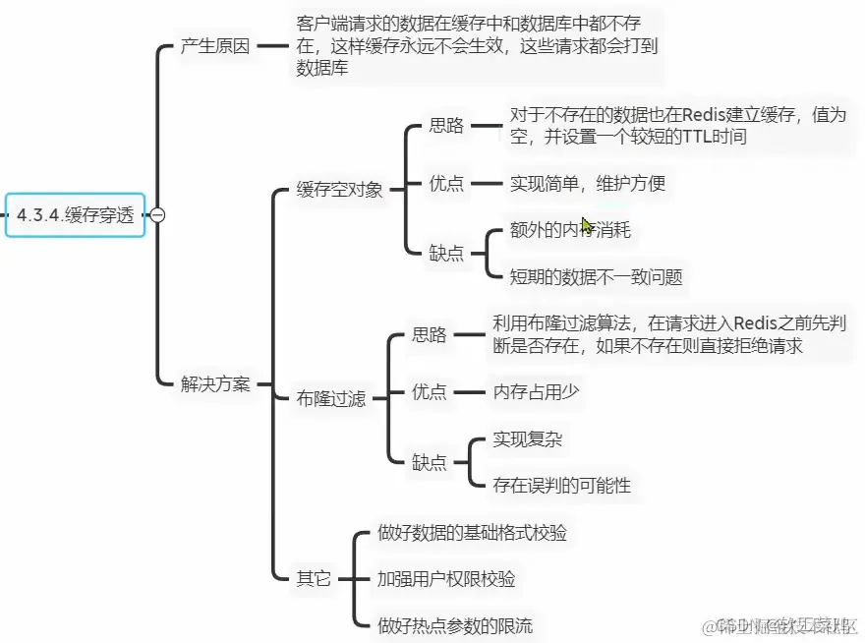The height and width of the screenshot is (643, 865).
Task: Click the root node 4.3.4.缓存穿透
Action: [x=75, y=214]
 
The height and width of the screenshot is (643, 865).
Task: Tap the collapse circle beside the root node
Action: [x=157, y=215]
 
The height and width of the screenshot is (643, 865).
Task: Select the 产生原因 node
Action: [x=215, y=46]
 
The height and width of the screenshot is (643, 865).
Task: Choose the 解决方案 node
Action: [x=215, y=383]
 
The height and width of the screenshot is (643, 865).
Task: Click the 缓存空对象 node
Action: [x=339, y=190]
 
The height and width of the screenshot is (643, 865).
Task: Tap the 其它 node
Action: [x=314, y=578]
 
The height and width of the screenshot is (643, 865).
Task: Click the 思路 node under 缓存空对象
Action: [x=446, y=126]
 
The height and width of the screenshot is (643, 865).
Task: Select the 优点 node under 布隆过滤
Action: [x=429, y=392]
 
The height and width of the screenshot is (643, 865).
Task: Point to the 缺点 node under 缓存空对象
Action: [x=446, y=253]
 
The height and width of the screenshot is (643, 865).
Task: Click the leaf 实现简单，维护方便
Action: [x=587, y=183]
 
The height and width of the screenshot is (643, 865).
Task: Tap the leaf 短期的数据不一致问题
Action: [x=596, y=276]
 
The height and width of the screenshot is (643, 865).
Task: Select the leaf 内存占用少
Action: [x=536, y=392]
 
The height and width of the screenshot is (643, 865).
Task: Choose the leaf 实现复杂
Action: [x=527, y=438]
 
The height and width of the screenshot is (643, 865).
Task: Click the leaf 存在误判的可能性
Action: [x=561, y=485]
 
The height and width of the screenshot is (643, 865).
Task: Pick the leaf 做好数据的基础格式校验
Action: [x=472, y=533]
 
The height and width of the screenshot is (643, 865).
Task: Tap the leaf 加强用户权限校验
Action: [x=445, y=578]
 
